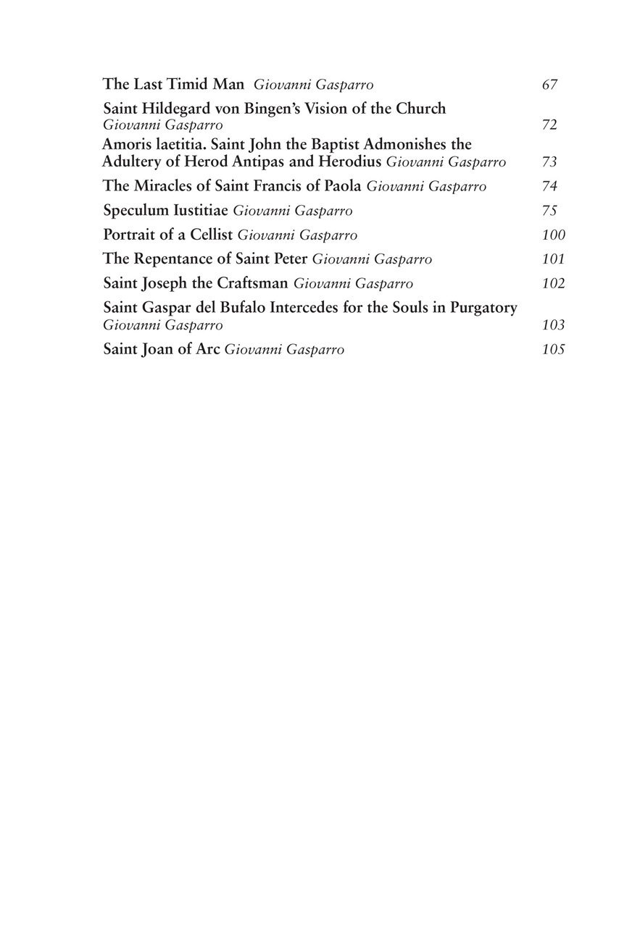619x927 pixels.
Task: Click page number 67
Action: tap(549, 85)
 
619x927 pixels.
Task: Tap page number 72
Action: tap(549, 125)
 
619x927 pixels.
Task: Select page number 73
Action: tap(549, 162)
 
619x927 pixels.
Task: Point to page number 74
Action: tap(549, 187)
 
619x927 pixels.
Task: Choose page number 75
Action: tap(549, 211)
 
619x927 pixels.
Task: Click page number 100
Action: tap(553, 235)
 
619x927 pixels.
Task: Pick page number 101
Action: tap(553, 259)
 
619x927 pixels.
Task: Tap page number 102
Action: tap(553, 283)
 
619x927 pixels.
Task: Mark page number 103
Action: tap(553, 325)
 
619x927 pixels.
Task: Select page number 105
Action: tap(553, 350)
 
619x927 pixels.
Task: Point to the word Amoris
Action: tap(126, 145)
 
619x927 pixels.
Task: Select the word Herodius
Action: tap(349, 161)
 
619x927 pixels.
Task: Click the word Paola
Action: tap(340, 185)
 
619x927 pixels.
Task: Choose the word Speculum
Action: tap(136, 211)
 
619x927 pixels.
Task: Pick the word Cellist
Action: tap(209, 235)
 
